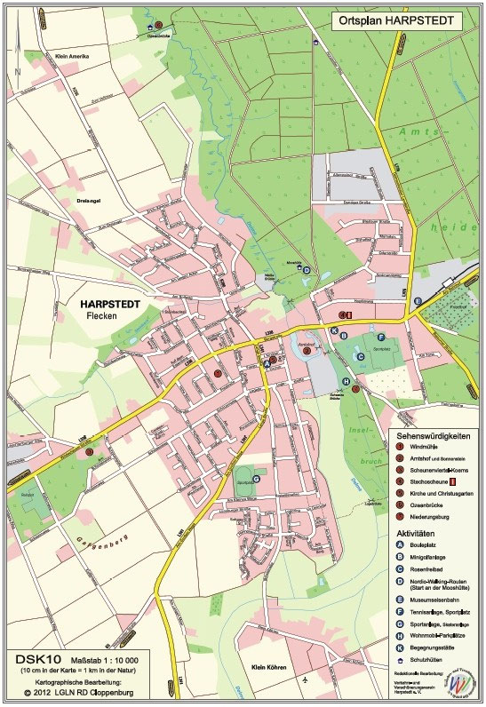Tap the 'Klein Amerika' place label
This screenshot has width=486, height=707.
(x=74, y=56)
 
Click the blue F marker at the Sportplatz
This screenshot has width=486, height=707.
(x=381, y=337)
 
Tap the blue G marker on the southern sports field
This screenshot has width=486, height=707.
(x=256, y=479)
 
